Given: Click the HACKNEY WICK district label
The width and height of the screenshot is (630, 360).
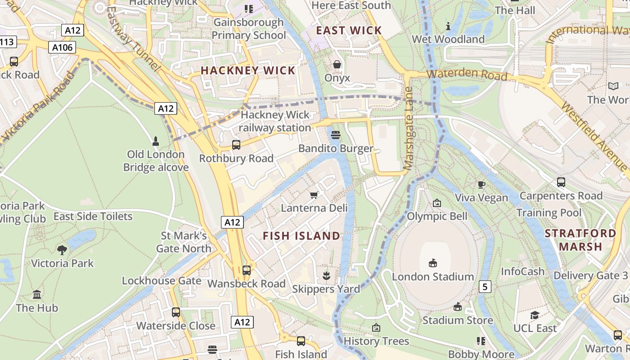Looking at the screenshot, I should (x=247, y=71).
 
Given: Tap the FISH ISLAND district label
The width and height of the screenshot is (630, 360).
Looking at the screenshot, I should (x=301, y=236).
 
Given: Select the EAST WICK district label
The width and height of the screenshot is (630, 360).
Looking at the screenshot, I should (x=349, y=31).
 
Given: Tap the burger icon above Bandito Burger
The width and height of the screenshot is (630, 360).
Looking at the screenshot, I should (x=335, y=135).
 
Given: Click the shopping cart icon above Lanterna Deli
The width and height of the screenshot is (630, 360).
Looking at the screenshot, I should (x=314, y=194).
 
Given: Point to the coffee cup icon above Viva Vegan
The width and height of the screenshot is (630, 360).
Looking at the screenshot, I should (x=481, y=184).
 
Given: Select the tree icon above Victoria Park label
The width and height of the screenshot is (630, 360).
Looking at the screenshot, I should (x=62, y=250).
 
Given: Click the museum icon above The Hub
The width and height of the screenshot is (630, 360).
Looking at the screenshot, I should (x=37, y=295).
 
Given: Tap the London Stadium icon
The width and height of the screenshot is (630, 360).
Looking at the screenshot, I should (x=433, y=263).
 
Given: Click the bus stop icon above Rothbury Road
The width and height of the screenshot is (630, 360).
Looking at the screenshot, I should (x=236, y=145).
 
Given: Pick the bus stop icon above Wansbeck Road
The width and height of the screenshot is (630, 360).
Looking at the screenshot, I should (x=246, y=270).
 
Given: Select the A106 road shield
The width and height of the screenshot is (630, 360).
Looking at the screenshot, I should (x=62, y=47).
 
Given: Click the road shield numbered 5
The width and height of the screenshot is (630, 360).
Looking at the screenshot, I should (x=485, y=286).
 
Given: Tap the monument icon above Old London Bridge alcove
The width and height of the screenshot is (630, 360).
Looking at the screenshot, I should (x=156, y=141).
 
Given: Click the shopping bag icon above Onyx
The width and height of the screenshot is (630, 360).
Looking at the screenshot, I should (x=337, y=65).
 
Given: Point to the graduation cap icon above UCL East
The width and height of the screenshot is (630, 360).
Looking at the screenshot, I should (x=535, y=315).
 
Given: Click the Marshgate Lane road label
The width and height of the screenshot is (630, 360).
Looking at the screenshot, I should (x=409, y=128).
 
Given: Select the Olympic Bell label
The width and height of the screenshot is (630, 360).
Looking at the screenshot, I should (x=437, y=216).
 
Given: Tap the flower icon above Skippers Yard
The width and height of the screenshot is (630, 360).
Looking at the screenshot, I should (x=326, y=275).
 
